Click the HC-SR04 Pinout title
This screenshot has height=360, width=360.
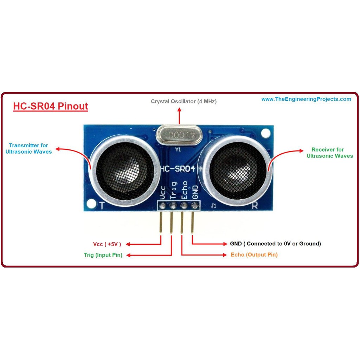click(x=51, y=106)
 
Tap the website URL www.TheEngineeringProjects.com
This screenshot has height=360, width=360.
click(x=306, y=99)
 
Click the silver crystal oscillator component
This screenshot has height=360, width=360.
click(x=179, y=135)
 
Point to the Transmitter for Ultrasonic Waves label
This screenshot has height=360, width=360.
click(x=28, y=148)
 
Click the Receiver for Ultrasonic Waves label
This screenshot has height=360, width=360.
click(x=329, y=153)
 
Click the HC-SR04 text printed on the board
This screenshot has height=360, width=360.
click(x=178, y=169)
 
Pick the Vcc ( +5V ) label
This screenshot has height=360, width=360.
click(x=107, y=244)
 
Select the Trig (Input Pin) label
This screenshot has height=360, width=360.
click(x=103, y=255)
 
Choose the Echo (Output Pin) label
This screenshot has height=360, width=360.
click(x=254, y=255)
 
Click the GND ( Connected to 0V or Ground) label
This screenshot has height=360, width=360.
click(x=275, y=244)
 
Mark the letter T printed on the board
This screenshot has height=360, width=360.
click(x=102, y=206)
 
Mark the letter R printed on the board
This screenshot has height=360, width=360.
click(x=255, y=206)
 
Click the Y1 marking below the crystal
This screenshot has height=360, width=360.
click(x=178, y=149)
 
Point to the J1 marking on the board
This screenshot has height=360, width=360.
click(x=213, y=206)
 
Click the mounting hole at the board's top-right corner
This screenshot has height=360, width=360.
click(x=266, y=133)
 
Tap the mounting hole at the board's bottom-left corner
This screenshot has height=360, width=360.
click(x=92, y=203)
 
